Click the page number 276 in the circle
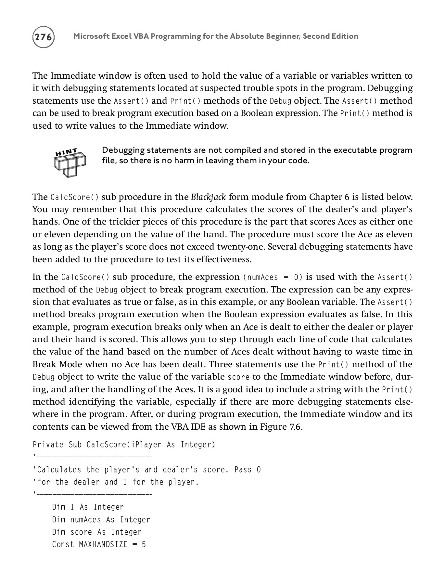[44, 37]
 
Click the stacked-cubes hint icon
[70, 164]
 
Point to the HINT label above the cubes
[66, 152]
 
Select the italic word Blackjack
[208, 197]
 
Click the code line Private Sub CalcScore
[124, 445]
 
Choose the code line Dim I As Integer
[88, 507]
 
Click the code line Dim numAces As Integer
[101, 520]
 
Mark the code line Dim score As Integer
[97, 532]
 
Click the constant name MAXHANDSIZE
[103, 544]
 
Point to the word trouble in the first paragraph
[251, 88]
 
